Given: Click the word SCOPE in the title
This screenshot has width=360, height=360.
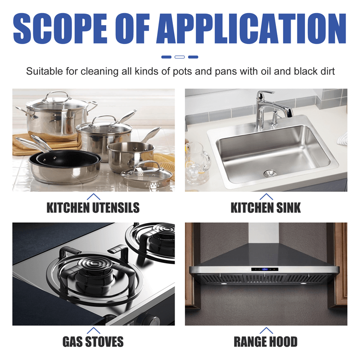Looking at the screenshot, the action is tap(60, 28).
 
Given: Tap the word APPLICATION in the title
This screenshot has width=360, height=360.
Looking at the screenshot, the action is tap(252, 28).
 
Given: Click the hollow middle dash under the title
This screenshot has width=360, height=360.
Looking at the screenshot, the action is tap(180, 57).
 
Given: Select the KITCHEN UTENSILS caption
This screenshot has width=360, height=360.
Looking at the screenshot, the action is tap(93, 207).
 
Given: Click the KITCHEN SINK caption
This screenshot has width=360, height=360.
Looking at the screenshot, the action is tap(265, 207).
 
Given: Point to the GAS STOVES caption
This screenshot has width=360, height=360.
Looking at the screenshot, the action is tap(93, 342).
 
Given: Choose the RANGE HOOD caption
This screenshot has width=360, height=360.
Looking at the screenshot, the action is tap(265, 342).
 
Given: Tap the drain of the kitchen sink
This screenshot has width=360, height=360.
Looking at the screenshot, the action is tap(270, 173).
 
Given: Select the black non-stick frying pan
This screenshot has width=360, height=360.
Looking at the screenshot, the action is tap(68, 158).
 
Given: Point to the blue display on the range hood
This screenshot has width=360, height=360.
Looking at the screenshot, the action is tap(265, 269).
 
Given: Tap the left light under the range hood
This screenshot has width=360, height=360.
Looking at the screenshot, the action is tap(224, 284).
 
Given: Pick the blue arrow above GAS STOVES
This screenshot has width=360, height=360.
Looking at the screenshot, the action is tap(94, 330).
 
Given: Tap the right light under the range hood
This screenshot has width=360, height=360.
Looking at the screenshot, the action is tap(303, 284).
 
